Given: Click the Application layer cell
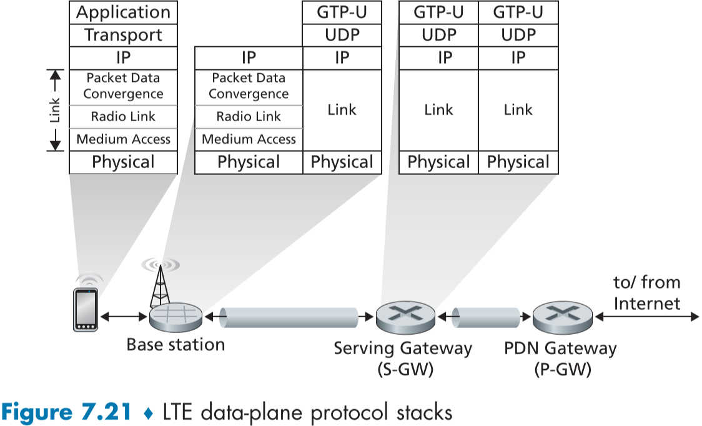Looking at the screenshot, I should click(x=123, y=12).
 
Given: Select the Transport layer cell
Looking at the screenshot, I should click(x=123, y=35).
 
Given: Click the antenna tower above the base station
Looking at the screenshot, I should click(x=160, y=284).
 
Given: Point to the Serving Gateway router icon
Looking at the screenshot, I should click(x=405, y=317).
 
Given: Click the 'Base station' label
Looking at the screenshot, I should click(x=175, y=344).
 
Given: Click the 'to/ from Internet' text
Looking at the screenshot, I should click(x=646, y=293).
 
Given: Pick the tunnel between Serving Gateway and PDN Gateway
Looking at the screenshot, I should click(x=485, y=317).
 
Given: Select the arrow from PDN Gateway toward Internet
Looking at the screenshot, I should click(x=647, y=317).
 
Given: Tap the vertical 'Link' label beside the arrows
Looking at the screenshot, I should click(x=56, y=110).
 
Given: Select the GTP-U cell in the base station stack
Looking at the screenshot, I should click(x=342, y=12).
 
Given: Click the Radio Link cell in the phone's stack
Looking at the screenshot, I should click(x=123, y=116).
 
